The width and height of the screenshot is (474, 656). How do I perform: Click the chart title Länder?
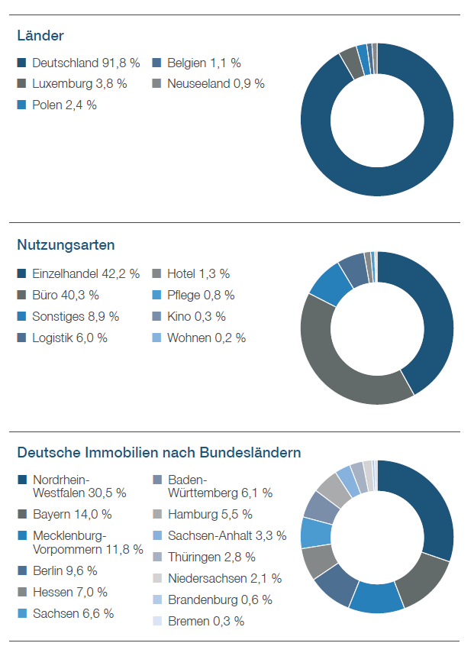pos(40,36)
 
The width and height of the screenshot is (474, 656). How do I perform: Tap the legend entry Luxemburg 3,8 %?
pos(79,84)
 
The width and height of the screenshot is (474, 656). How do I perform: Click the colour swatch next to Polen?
pos(21,105)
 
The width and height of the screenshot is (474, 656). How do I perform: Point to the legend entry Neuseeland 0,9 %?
pos(216,84)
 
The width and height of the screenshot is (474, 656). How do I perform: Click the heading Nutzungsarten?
pos(66,244)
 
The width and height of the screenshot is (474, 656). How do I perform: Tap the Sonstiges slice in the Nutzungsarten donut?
pos(331,285)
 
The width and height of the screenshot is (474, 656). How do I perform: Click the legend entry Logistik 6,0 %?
pos(69,338)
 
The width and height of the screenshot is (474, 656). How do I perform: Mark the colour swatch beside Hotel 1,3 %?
pos(156,273)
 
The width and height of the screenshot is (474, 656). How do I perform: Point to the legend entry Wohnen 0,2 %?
pos(207,338)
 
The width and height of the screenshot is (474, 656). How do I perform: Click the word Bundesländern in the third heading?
pos(250,453)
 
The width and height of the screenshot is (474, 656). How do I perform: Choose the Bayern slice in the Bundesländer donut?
pos(423,580)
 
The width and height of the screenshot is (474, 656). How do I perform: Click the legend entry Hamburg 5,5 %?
pos(210,515)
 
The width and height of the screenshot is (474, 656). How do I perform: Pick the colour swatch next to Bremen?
pos(157,621)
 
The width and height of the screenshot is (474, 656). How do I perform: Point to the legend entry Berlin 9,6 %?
pos(65,570)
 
